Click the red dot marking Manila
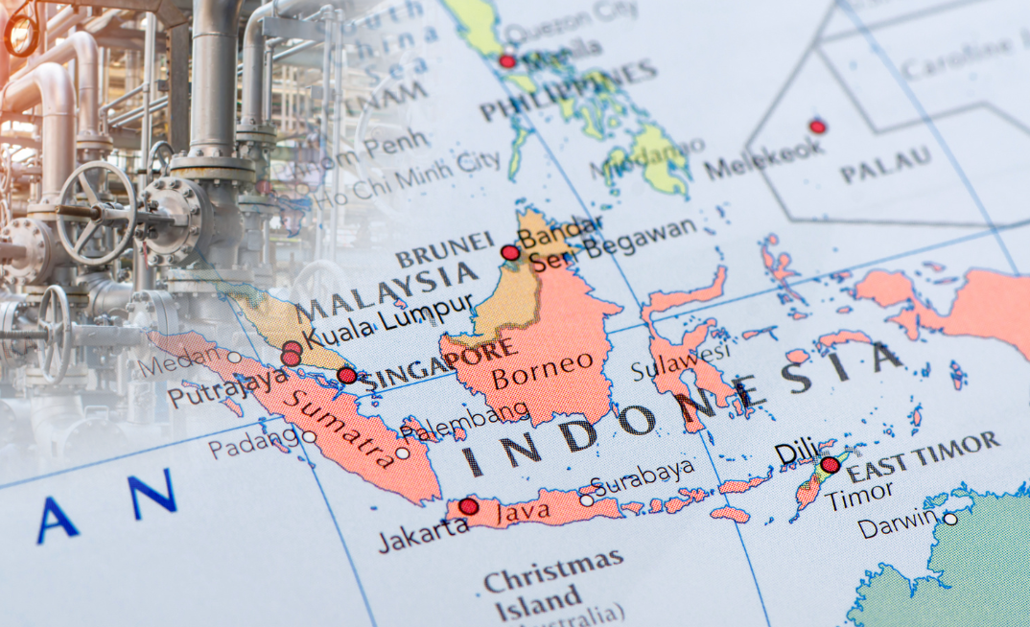tap(507, 61)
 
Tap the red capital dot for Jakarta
tap(468, 506)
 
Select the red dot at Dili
tap(830, 465)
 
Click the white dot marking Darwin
tap(949, 519)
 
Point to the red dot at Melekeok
tap(817, 126)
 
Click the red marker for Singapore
tap(347, 375)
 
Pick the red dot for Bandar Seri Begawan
tap(510, 252)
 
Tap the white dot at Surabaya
tap(586, 499)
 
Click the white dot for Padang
tap(309, 436)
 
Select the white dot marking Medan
tap(234, 357)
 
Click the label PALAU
tap(886, 165)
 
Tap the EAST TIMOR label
tap(923, 456)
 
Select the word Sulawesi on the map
tap(681, 361)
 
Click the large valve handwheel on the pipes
tap(95, 212)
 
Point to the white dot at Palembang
tap(402, 453)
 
